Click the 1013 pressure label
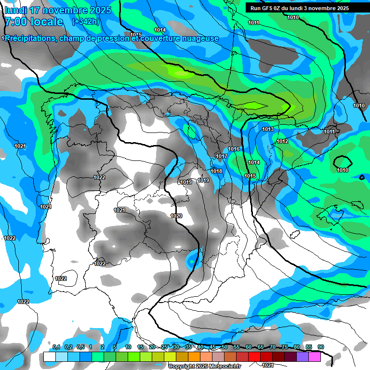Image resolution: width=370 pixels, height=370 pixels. pos(268,130)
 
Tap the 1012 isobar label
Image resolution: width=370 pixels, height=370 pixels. pos(282,141)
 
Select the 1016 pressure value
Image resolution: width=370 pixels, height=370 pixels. pos(234,149)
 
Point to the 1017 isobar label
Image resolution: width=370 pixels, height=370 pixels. pos(222,157)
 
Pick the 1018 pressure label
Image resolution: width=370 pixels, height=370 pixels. pos(216,172)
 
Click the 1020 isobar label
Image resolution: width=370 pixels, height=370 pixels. pos(176,216)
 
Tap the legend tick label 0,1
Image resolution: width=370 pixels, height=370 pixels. pos(56,347)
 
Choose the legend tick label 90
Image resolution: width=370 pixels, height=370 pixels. pos(320,347)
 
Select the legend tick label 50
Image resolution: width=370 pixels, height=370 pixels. pos(225,347)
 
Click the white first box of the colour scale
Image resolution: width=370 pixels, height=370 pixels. pos(49,357)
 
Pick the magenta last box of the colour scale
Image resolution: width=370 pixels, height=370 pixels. pos(315,357)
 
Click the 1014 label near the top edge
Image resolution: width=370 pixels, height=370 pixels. pos(160,30)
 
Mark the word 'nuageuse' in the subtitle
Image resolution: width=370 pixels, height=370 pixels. pos(201,39)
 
